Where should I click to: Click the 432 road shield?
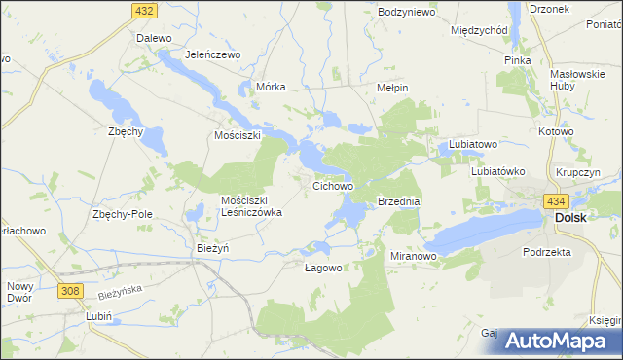pos(143,10)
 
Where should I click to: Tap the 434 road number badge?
pos(557,200)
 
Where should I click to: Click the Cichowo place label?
pos(332,184)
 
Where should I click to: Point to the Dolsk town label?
pos(570,218)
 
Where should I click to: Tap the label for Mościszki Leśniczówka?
pos(251,206)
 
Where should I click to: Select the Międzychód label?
pos(480,30)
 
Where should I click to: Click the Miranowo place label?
pos(413,255)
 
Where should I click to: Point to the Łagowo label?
pos(322,269)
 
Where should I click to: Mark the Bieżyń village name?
pos(212,248)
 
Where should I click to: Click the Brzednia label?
pos(398,201)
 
